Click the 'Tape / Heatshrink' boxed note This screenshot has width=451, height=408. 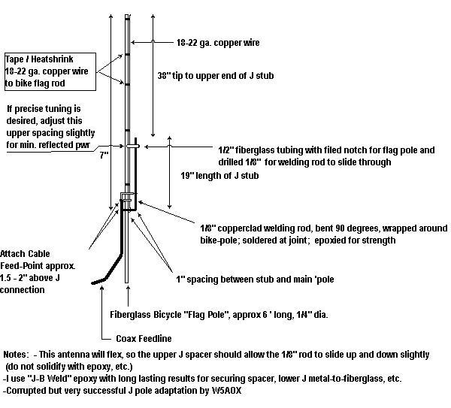point(50,71)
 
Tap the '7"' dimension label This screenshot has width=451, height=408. point(104,156)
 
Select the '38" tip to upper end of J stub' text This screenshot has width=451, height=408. point(216,76)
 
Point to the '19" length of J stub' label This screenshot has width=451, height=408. point(219,175)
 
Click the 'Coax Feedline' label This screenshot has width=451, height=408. point(144,338)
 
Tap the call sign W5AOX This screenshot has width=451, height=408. point(227,391)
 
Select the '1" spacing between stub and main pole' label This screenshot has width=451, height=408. point(255,280)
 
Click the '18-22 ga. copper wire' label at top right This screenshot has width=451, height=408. point(218,43)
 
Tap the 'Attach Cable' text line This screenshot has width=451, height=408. point(25,254)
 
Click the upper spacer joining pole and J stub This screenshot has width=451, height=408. point(132,146)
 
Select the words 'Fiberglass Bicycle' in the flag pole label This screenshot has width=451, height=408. point(144,315)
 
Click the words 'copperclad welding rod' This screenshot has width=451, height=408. point(265,228)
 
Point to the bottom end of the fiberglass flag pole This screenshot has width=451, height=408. point(126,283)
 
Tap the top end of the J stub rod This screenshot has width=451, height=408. point(136,138)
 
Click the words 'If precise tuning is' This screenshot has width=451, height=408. point(44,109)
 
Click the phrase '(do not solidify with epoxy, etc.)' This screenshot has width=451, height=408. point(69,367)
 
